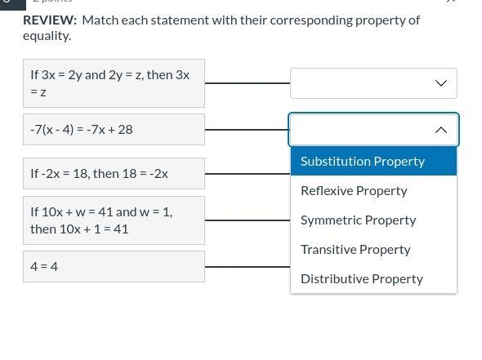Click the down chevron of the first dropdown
441,83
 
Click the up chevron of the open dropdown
441,130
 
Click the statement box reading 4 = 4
114,267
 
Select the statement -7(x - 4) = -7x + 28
114,129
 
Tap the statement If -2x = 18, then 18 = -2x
114,174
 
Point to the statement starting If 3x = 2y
114,83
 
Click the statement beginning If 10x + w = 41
114,220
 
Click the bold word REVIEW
50,20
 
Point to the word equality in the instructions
47,36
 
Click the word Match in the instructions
100,20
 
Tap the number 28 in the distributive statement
126,129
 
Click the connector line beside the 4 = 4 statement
248,267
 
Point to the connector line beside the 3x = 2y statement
248,83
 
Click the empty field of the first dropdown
363,83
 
